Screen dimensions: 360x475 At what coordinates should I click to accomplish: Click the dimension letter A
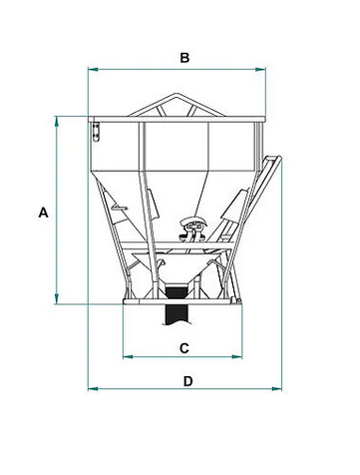pos(43,213)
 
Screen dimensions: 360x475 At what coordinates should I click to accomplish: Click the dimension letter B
pos(184,58)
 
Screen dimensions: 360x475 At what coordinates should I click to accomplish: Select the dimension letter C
pos(184,348)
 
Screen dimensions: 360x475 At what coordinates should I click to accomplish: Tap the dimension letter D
pos(188,381)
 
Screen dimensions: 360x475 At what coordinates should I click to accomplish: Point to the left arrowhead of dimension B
pos(93,69)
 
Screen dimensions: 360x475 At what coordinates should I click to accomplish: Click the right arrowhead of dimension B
pos(260,69)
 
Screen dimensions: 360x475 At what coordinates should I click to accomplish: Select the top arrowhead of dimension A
pos(57,122)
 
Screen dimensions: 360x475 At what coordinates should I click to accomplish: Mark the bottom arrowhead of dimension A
pos(57,298)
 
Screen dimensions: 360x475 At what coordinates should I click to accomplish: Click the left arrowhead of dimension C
pos(128,357)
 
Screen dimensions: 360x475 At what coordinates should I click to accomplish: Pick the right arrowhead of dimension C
pos(237,357)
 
